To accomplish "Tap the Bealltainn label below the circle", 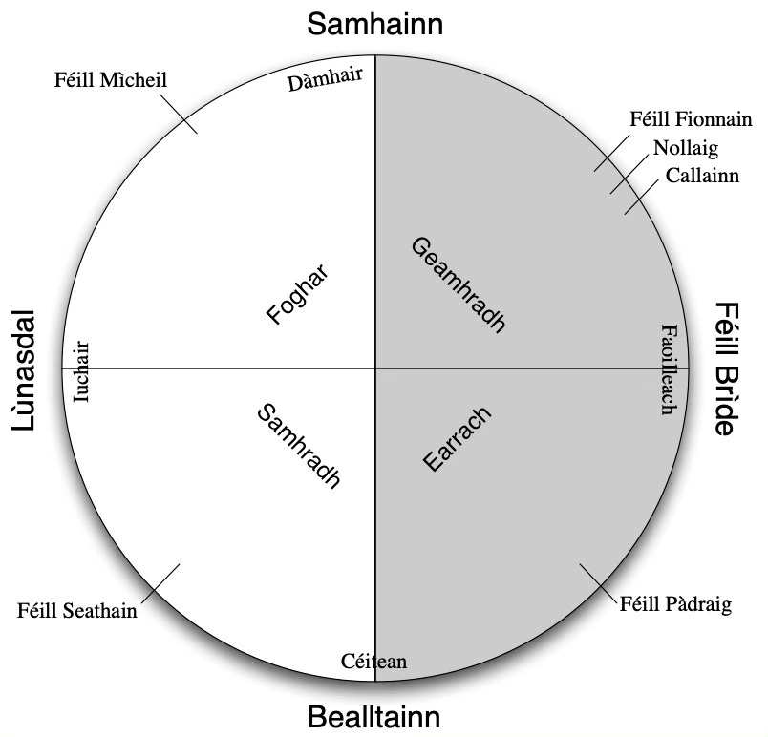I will pos(375,717).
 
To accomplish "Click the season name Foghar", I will pos(298,295).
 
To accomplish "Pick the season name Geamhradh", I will pos(458,284).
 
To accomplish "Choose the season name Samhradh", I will pos(299,445).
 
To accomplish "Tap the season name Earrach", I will pos(457,438).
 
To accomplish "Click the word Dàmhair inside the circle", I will pos(326,82).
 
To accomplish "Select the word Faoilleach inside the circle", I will pos(669,369).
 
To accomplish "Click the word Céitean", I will pos(374,662).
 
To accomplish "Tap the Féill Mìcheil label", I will pos(111,78).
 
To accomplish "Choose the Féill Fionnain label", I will pos(692,120).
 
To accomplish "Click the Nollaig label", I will pos(685,148).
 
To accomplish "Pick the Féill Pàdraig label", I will pos(675,603).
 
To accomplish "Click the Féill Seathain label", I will pos(77,610).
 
